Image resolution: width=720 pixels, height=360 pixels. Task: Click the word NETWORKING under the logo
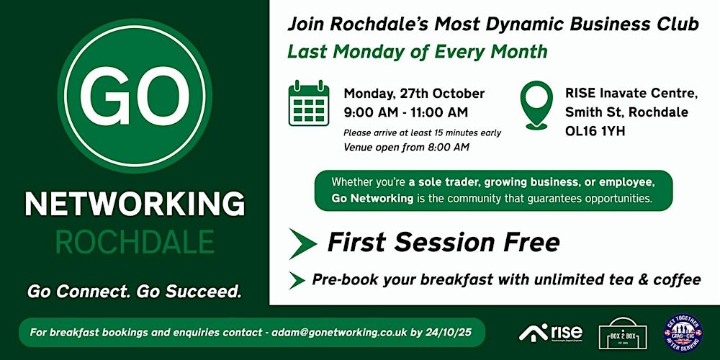[135, 204]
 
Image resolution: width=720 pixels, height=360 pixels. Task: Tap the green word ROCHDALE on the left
[135, 242]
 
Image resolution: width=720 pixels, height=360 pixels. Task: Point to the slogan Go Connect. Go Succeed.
[135, 292]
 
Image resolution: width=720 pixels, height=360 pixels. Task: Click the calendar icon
[309, 106]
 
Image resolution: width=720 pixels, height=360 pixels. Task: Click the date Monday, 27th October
[414, 94]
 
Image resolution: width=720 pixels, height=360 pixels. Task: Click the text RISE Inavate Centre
[631, 94]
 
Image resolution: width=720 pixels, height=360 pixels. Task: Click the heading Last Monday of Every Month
[418, 52]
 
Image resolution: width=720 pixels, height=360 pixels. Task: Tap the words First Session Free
[443, 243]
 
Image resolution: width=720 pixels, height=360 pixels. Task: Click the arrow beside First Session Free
[302, 243]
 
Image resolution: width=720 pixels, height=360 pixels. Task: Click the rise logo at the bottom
[550, 332]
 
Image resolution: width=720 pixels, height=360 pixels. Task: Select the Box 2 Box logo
[623, 332]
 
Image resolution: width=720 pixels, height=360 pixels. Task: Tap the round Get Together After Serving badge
[683, 332]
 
